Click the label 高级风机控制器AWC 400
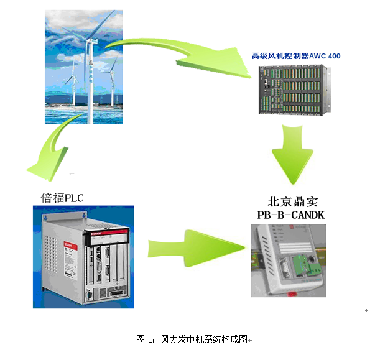[295, 56]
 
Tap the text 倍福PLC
[62, 198]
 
